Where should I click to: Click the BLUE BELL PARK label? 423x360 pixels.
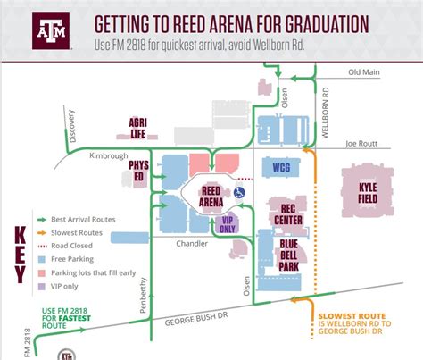coord(290,253)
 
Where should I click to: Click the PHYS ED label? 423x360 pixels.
coord(138,170)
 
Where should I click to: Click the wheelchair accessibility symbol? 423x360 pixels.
coord(239,191)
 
